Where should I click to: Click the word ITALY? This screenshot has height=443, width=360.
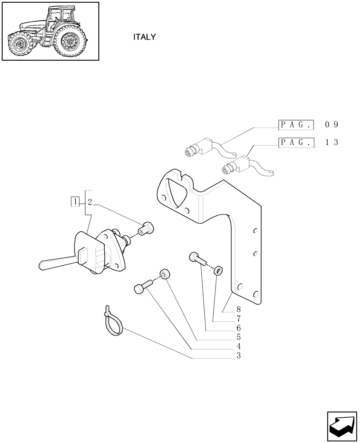(x=145, y=37)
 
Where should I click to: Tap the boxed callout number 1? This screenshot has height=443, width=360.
(x=76, y=202)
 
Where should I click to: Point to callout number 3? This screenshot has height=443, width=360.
(x=239, y=355)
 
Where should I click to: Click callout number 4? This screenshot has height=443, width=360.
(x=239, y=346)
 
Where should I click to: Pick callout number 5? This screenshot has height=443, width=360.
(x=239, y=337)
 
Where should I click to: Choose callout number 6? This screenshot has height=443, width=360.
(x=239, y=328)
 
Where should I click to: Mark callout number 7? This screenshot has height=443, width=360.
(x=239, y=319)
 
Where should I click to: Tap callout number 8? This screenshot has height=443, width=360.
(x=239, y=310)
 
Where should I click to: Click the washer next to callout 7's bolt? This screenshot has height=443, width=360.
(x=218, y=270)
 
